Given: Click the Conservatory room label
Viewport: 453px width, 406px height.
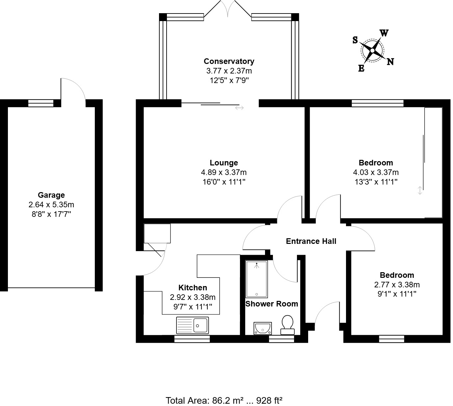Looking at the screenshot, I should pyautogui.click(x=229, y=61).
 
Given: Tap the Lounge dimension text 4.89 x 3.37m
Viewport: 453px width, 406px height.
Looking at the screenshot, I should pyautogui.click(x=224, y=172).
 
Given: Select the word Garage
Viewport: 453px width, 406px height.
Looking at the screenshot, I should pyautogui.click(x=51, y=195).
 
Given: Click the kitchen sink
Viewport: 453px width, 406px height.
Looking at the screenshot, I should pyautogui.click(x=193, y=325).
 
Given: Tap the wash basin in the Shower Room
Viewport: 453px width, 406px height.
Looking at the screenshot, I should pyautogui.click(x=262, y=328).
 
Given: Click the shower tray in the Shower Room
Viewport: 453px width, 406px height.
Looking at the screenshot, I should pyautogui.click(x=256, y=279).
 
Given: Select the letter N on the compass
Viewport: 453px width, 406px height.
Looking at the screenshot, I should pyautogui.click(x=390, y=62).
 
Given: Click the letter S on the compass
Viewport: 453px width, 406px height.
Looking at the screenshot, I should pyautogui.click(x=355, y=40).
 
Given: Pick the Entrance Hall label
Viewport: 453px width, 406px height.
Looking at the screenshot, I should pyautogui.click(x=311, y=241).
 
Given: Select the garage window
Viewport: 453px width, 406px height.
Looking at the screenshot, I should pyautogui.click(x=40, y=103).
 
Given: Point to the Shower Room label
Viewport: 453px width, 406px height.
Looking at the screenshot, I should pyautogui.click(x=272, y=304).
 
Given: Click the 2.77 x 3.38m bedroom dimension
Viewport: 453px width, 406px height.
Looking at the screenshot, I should pyautogui.click(x=397, y=285).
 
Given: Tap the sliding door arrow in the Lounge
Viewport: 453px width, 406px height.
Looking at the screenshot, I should pyautogui.click(x=239, y=108).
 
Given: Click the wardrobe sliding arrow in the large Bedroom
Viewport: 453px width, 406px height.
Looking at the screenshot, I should pyautogui.click(x=420, y=190).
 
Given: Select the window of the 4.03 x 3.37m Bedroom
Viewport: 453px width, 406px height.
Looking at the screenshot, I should pyautogui.click(x=378, y=103).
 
